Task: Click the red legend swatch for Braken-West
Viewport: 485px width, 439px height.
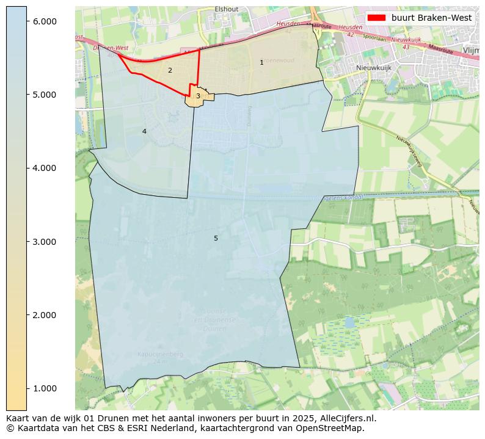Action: (x=376, y=18)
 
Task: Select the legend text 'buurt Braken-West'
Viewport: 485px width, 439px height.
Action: (x=431, y=18)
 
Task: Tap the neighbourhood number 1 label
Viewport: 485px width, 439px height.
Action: (x=261, y=62)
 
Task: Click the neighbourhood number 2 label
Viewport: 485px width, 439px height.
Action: (x=170, y=70)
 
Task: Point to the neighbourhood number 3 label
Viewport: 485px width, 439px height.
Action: (x=198, y=96)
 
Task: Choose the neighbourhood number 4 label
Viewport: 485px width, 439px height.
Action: (x=144, y=131)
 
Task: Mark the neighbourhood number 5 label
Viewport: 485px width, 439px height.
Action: (x=216, y=238)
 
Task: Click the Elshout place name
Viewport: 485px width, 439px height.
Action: (x=226, y=9)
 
